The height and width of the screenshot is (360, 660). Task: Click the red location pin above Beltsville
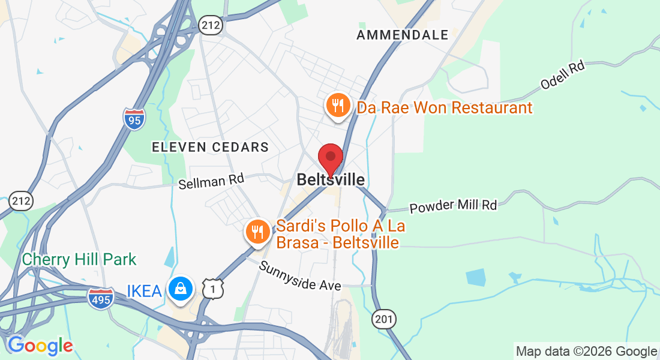tap(330, 157)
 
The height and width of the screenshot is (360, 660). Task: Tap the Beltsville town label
tap(331, 180)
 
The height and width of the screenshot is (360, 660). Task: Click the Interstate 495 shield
tap(100, 298)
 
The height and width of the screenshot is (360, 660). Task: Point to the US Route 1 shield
tap(213, 289)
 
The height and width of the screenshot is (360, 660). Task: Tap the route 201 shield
tap(383, 319)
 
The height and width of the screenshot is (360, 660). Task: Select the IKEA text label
tap(144, 292)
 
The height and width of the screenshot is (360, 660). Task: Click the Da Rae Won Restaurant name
tap(445, 108)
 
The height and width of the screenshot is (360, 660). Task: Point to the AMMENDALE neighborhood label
tap(403, 35)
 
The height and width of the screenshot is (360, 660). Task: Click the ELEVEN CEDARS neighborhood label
tap(210, 147)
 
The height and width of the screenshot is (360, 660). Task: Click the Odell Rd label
tap(562, 76)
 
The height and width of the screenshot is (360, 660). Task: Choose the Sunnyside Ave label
tap(300, 275)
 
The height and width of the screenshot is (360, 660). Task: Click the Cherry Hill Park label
tap(79, 260)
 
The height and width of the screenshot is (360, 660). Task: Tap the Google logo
tap(40, 346)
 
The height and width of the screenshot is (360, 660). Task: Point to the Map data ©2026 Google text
tap(586, 352)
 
